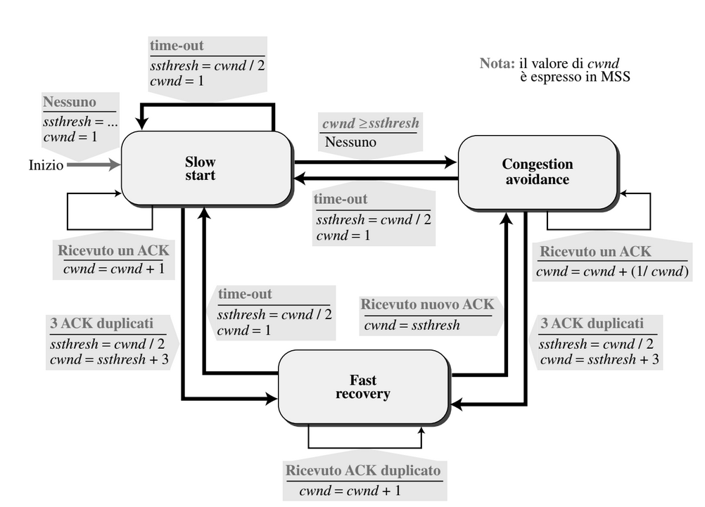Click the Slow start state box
point(206,168)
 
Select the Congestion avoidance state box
point(538,172)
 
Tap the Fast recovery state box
point(363,387)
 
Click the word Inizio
point(46,165)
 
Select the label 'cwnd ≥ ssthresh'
point(371,122)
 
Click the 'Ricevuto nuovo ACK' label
point(427,304)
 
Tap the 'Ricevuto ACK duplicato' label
point(363,470)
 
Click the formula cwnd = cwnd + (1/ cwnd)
point(612,271)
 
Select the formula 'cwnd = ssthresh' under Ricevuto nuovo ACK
point(412,325)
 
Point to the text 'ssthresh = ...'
point(80,122)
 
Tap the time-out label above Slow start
point(177,46)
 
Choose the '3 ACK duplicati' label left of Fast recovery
point(101,323)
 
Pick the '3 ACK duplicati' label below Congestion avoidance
point(592,323)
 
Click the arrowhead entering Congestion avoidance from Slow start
point(450,162)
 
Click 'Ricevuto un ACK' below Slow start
point(113,250)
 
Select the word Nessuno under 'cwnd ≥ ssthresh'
point(350,142)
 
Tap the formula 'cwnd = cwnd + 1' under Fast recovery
point(350,490)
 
